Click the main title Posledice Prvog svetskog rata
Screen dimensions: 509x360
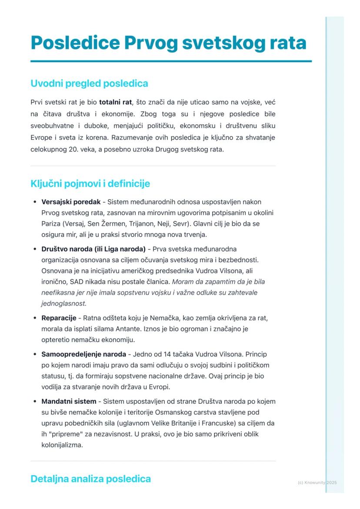click(x=168, y=43)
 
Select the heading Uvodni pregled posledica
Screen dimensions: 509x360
click(x=89, y=83)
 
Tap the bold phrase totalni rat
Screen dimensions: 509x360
click(x=115, y=103)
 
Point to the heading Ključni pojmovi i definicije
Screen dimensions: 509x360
click(x=90, y=183)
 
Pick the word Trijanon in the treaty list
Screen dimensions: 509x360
click(x=159, y=224)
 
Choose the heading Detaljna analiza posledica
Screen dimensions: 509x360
click(x=90, y=479)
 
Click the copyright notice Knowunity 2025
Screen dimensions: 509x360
click(x=317, y=482)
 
